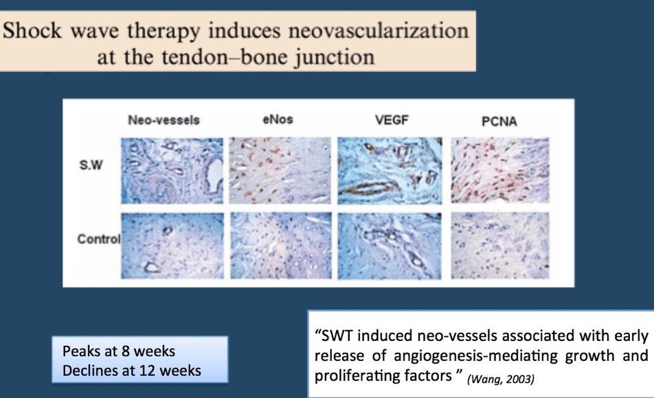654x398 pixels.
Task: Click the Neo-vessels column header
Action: point(163,120)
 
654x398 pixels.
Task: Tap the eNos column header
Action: point(278,120)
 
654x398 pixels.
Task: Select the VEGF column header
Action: point(392,120)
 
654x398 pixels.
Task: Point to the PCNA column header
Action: point(499,122)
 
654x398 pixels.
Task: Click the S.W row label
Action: point(91,165)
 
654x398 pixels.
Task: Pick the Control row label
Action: point(99,239)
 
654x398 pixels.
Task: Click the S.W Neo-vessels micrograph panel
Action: point(172,170)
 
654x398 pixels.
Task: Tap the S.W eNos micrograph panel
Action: point(280,170)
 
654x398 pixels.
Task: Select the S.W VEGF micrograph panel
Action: point(390,170)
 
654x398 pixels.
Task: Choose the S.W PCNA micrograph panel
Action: point(500,170)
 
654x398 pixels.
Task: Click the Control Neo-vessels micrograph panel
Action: point(172,245)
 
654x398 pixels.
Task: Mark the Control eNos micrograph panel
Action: point(281,245)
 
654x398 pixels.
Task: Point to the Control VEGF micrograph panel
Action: point(389,246)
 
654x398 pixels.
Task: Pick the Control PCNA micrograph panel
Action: point(500,245)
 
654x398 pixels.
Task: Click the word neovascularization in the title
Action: point(379,32)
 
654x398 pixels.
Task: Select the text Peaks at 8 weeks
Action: point(119,351)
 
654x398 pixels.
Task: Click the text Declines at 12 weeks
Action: point(132,371)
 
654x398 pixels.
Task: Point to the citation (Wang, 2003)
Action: point(501,379)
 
